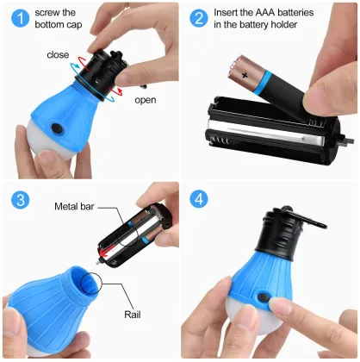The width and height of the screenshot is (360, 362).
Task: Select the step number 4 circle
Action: pos(200,199)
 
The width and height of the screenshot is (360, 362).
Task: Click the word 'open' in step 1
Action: pos(146,99)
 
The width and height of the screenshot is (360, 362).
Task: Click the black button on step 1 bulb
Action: pos(58,128)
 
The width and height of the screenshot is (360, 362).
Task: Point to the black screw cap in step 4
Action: pos(290,230)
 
